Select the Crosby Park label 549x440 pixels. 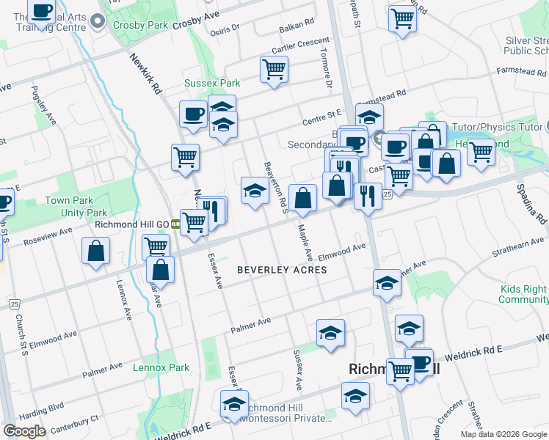(141, 25)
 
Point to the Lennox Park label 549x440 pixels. (161, 368)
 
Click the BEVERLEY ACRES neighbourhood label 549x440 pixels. (282, 270)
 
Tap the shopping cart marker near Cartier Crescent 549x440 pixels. (274, 70)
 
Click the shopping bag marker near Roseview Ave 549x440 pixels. (96, 251)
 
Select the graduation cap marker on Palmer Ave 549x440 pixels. (330, 332)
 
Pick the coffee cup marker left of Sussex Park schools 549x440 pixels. (193, 114)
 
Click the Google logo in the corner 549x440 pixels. (24, 431)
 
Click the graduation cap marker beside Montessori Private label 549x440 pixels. (234, 403)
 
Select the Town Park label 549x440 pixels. (69, 200)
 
